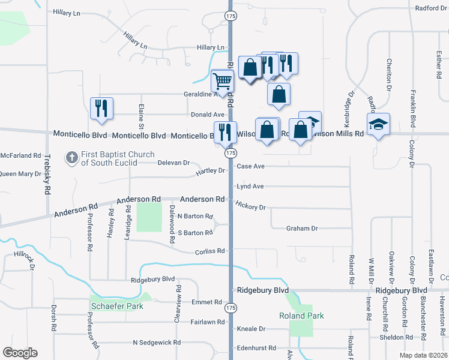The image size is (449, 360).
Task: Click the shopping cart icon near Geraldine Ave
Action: [x=223, y=80]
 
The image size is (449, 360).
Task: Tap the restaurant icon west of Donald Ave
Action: [x=100, y=109]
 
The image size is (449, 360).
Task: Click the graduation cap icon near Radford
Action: [x=378, y=124]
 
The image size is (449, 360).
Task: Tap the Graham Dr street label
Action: [x=301, y=228]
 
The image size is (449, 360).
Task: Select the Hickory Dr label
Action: [x=250, y=206]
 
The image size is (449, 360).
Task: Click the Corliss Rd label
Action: [x=209, y=251]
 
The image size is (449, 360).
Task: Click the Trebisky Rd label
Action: [x=47, y=175]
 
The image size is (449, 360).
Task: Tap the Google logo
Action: [x=20, y=353]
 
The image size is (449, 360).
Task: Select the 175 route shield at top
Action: [x=231, y=17]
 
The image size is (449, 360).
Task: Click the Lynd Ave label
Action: [x=250, y=187]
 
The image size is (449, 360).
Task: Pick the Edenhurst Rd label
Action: [x=256, y=347]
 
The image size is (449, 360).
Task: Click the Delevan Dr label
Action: [x=173, y=163]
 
